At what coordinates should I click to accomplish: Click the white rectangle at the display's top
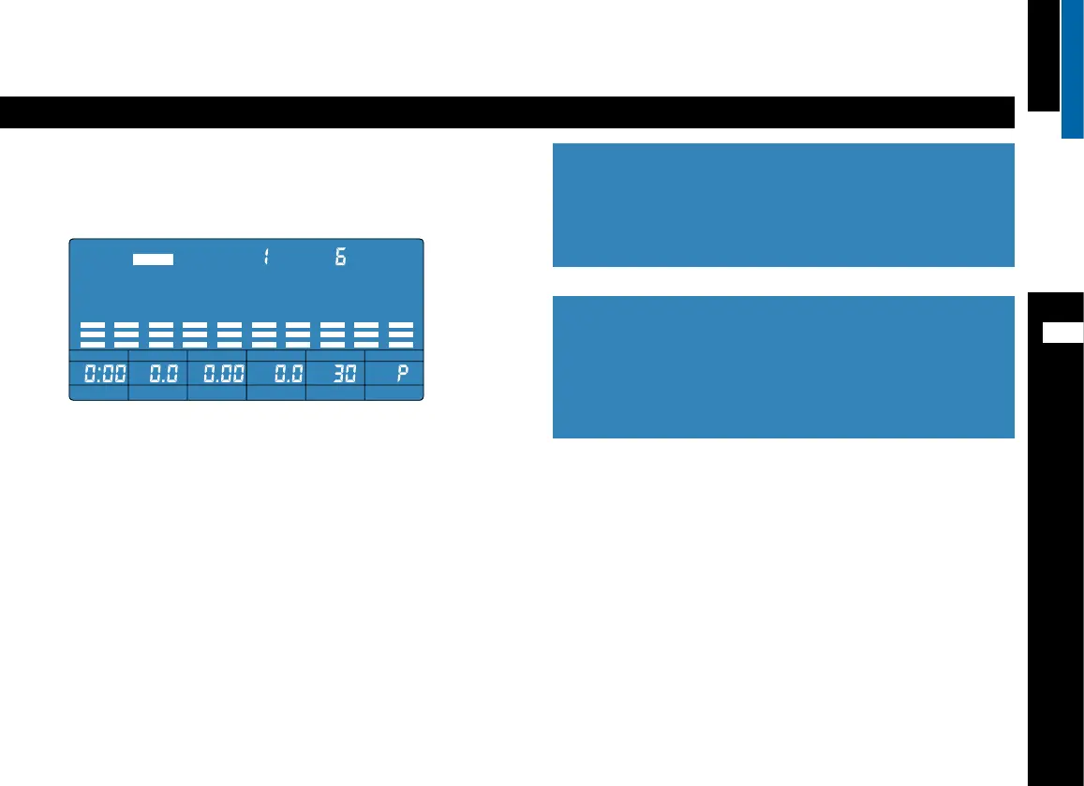pyautogui.click(x=154, y=260)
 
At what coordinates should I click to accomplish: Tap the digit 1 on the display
pyautogui.click(x=266, y=257)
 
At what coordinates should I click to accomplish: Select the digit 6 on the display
pyautogui.click(x=341, y=257)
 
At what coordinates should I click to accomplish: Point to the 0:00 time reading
pyautogui.click(x=99, y=374)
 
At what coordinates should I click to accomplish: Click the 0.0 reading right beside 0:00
pyautogui.click(x=158, y=374)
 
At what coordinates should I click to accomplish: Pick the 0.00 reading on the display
pyautogui.click(x=217, y=374)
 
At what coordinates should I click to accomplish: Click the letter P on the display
pyautogui.click(x=403, y=374)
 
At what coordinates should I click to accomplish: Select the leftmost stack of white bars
pyautogui.click(x=92, y=334)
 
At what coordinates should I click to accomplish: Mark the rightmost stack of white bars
pyautogui.click(x=401, y=334)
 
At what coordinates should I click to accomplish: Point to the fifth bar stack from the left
pyautogui.click(x=230, y=334)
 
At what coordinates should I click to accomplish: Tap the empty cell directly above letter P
pyautogui.click(x=394, y=355)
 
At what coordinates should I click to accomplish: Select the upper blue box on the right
pyautogui.click(x=783, y=204)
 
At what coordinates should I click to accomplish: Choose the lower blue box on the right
pyautogui.click(x=783, y=366)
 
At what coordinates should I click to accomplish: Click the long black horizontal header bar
pyautogui.click(x=507, y=111)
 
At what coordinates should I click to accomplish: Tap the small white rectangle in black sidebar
pyautogui.click(x=1063, y=333)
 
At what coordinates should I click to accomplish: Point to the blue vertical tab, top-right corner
pyautogui.click(x=1073, y=68)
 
